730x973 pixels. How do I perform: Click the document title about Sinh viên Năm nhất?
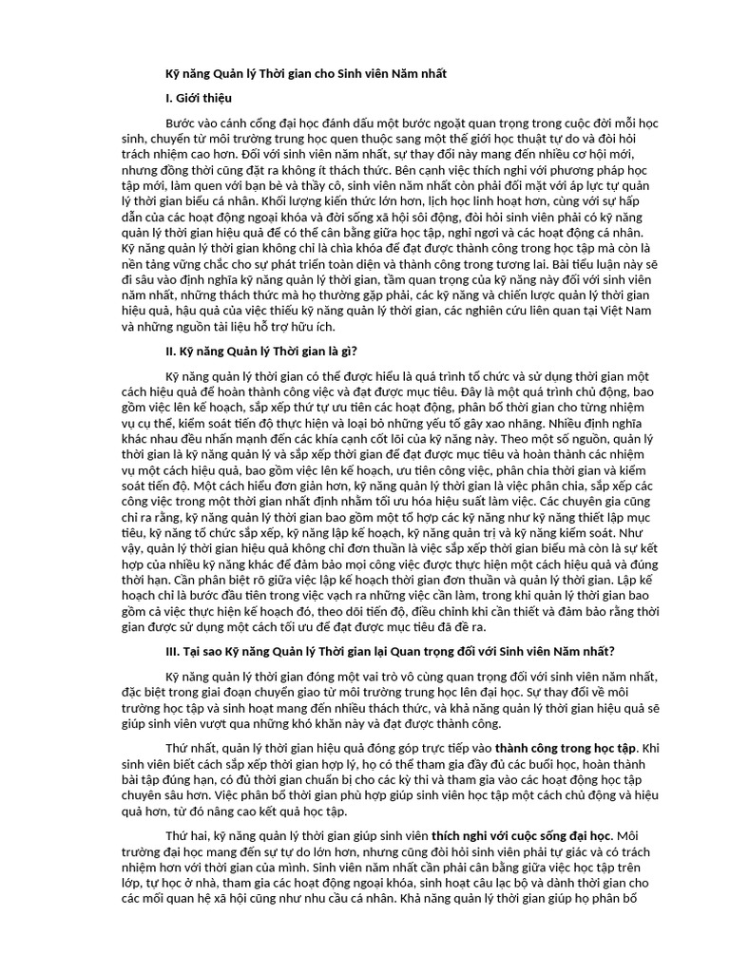tap(305, 73)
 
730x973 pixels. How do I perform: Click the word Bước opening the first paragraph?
tap(183, 124)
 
